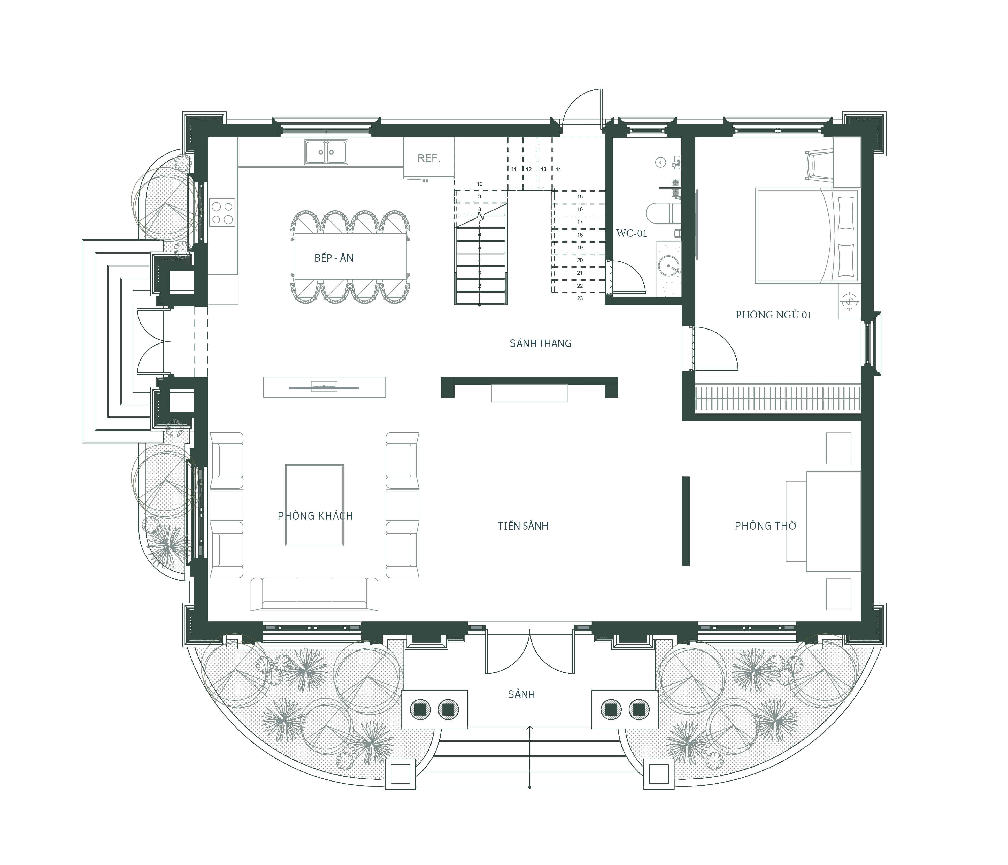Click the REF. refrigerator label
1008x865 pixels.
click(x=429, y=158)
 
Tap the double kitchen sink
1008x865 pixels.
click(x=326, y=152)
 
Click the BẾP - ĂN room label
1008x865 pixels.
click(x=334, y=258)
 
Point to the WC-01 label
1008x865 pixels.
click(x=632, y=234)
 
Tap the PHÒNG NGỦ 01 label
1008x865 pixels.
click(x=774, y=315)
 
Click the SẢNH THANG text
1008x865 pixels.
click(x=541, y=343)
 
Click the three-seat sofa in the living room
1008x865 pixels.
click(x=314, y=594)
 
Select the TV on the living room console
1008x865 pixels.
click(x=325, y=387)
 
